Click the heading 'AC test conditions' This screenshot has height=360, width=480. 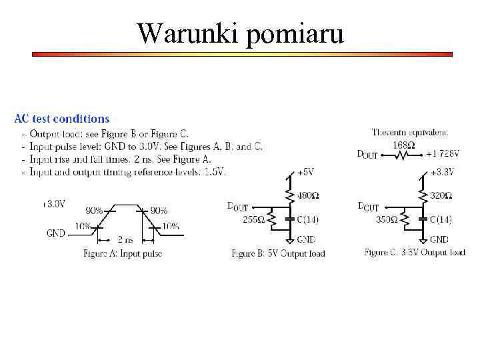click(62, 119)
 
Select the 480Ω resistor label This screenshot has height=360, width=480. click(308, 196)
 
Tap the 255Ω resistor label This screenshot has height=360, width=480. click(254, 219)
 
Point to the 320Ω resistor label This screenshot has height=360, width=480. click(441, 196)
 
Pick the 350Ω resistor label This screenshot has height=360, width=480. click(387, 219)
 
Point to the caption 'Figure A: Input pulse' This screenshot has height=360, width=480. click(123, 253)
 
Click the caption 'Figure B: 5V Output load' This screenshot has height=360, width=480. click(278, 253)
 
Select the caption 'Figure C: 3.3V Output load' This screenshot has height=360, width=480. click(415, 253)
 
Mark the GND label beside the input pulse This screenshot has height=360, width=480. click(56, 233)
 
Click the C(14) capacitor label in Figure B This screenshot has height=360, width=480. click(309, 219)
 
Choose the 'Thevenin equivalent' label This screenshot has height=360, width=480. click(410, 133)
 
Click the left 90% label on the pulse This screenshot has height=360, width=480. click(94, 211)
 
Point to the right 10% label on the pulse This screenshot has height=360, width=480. click(171, 226)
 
